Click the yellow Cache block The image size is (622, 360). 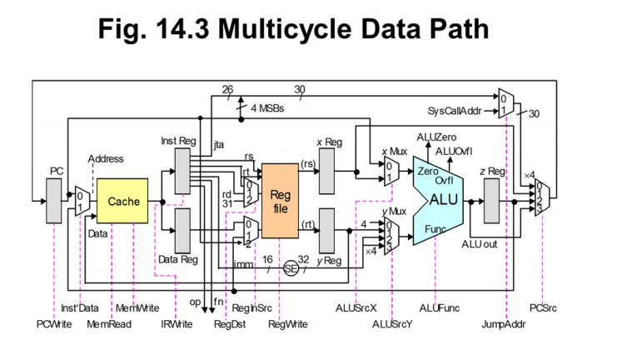(123, 202)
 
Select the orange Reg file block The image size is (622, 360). (281, 200)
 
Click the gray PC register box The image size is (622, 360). (55, 201)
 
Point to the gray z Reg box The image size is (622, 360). (492, 201)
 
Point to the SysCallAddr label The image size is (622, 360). (454, 111)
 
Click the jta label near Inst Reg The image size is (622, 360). (219, 145)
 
